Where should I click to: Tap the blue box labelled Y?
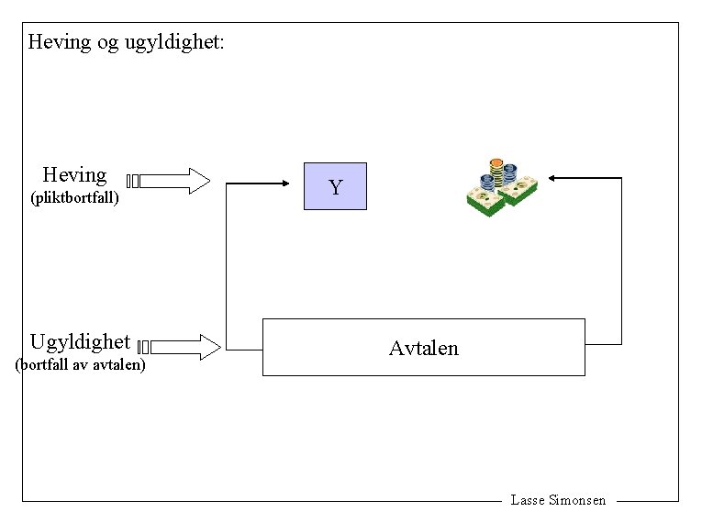tap(335, 186)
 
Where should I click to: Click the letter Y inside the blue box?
tap(335, 188)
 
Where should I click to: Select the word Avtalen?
tap(423, 349)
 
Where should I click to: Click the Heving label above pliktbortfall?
tap(74, 174)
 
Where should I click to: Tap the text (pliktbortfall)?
tap(74, 197)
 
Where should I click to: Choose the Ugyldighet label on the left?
tap(80, 342)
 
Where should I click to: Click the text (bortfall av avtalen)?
tap(80, 365)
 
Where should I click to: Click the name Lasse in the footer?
tap(528, 500)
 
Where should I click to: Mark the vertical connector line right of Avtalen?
tap(621, 261)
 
